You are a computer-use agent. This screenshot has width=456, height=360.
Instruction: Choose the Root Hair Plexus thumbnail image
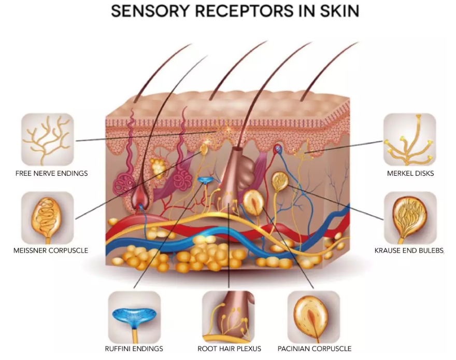tap(229, 316)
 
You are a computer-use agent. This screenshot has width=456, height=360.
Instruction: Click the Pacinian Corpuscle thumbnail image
tap(313, 316)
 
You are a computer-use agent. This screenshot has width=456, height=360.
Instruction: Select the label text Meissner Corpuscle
tap(51, 251)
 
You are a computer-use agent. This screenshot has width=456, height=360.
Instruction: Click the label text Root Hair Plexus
tap(229, 349)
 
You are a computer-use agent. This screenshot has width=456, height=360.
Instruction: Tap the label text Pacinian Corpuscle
tap(315, 349)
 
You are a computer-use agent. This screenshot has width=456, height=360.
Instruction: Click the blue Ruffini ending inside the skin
tap(205, 180)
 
